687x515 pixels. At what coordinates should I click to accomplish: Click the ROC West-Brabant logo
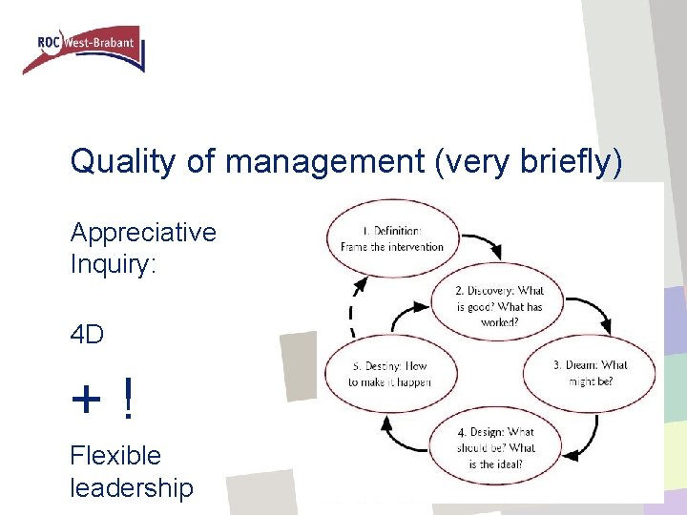tap(84, 50)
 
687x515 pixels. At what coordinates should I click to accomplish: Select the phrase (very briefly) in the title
tap(528, 162)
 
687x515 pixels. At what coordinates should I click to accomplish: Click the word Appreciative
tap(143, 233)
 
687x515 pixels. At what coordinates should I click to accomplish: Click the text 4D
tap(87, 336)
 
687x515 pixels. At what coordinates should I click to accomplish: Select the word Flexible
tap(115, 456)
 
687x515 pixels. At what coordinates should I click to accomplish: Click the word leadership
tap(131, 488)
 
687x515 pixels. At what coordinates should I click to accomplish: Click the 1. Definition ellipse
tap(392, 237)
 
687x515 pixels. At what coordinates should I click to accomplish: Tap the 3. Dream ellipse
tap(589, 372)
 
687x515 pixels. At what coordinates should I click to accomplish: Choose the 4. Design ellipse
tap(496, 447)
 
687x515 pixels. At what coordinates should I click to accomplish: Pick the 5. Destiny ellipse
tap(389, 374)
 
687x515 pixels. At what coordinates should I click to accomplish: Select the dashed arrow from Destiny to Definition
tap(352, 305)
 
